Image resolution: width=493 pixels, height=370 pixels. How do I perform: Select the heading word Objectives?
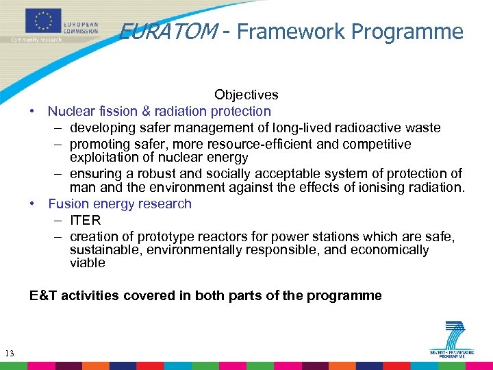[246, 95]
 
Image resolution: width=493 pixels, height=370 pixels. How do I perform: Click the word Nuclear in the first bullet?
[70, 111]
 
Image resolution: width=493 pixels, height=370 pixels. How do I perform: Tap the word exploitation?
[101, 158]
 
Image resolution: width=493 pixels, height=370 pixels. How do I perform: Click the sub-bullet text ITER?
[85, 220]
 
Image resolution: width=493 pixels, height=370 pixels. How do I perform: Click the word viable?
[87, 263]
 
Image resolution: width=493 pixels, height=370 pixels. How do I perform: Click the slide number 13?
[9, 354]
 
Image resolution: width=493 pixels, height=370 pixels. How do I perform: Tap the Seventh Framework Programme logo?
[453, 339]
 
